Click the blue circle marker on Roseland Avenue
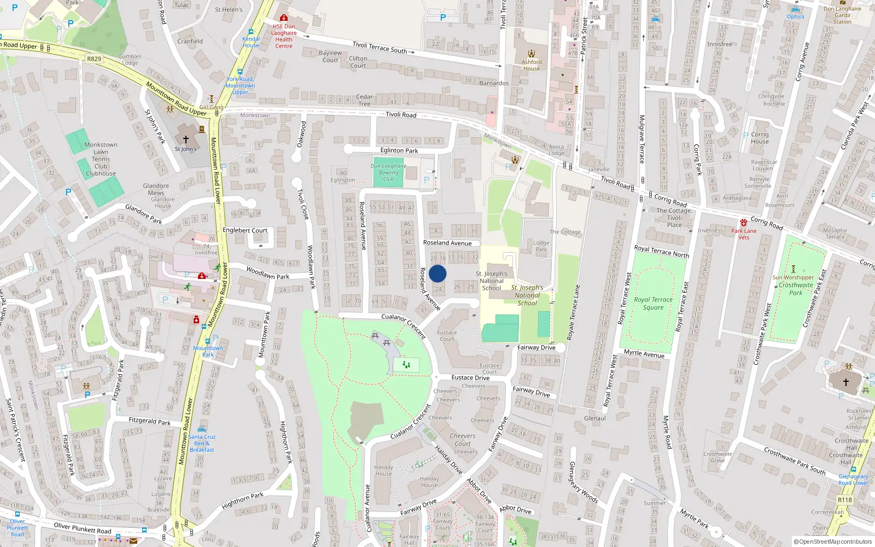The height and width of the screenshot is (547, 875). tap(437, 273)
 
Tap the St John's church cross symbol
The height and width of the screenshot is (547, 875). tap(186, 139)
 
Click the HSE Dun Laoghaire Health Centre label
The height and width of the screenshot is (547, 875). tap(284, 36)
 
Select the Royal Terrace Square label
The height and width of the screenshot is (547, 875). tap(653, 304)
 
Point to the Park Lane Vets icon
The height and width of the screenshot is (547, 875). tap(744, 223)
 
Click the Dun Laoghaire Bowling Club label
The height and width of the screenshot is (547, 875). tap(388, 172)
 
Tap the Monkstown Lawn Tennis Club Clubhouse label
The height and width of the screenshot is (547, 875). tap(101, 159)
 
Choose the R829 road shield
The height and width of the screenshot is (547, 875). tap(94, 59)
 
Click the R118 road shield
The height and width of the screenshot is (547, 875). tap(845, 499)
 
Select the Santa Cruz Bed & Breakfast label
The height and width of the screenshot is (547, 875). tap(202, 443)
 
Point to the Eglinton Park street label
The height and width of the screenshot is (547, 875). tap(399, 150)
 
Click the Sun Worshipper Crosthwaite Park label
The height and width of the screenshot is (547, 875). tap(795, 285)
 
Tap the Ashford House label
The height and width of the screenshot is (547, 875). tap(532, 65)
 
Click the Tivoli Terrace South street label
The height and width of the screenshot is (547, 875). tap(380, 48)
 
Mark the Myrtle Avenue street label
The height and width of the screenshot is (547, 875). tap(644, 353)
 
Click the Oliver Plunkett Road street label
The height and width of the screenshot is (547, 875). tap(83, 528)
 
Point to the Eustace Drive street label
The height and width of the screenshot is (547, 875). tap(470, 377)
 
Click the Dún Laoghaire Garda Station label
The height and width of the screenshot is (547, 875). tap(842, 15)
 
